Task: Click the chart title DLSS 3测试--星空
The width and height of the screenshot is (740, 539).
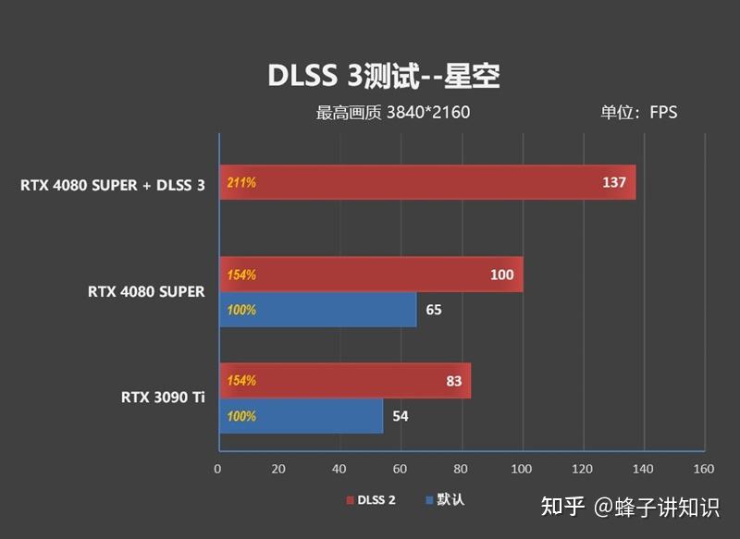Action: [x=383, y=76]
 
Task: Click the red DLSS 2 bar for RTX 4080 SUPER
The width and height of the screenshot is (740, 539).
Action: [x=370, y=275]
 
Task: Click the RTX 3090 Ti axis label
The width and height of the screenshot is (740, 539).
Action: [x=163, y=398]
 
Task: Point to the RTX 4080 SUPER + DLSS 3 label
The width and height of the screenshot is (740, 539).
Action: [x=113, y=183]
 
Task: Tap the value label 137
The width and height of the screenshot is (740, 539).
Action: [x=614, y=182]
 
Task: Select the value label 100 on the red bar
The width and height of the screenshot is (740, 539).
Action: [x=501, y=275]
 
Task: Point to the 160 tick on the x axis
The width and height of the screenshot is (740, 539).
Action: [x=704, y=469]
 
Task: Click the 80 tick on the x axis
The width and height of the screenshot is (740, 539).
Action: [x=461, y=469]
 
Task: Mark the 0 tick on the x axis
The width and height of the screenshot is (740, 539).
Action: [x=217, y=469]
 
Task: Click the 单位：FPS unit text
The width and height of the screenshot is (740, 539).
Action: [x=638, y=113]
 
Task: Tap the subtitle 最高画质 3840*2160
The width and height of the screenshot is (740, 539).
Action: [x=393, y=113]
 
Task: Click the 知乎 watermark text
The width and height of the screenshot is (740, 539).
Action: [x=562, y=507]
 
